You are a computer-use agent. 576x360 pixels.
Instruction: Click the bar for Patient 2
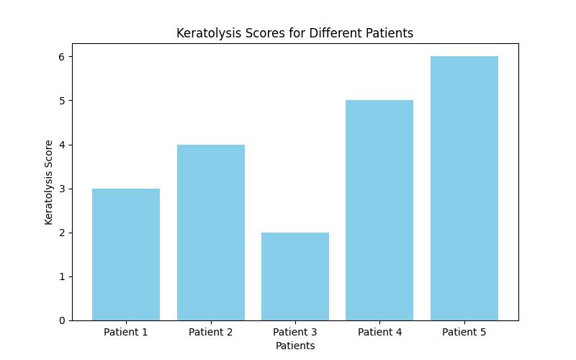pyautogui.click(x=210, y=232)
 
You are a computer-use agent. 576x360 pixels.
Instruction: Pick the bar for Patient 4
pyautogui.click(x=379, y=210)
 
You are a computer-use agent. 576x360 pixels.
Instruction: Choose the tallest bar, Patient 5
pyautogui.click(x=464, y=188)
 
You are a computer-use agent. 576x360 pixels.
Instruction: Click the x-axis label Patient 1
pyautogui.click(x=126, y=332)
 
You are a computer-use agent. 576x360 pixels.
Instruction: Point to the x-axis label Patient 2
pyautogui.click(x=210, y=332)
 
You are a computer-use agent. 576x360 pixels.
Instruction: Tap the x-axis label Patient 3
pyautogui.click(x=295, y=332)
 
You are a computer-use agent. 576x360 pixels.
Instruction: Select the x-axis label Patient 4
pyautogui.click(x=379, y=332)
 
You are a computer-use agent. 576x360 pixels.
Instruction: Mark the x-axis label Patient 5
pyautogui.click(x=464, y=332)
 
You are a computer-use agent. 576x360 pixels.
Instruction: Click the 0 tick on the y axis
pyautogui.click(x=63, y=320)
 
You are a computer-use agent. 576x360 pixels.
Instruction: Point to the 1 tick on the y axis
pyautogui.click(x=63, y=276)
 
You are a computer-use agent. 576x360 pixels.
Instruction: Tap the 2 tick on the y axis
pyautogui.click(x=63, y=233)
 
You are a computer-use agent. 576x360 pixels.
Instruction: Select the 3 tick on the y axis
pyautogui.click(x=63, y=189)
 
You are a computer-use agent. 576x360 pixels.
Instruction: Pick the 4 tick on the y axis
pyautogui.click(x=63, y=145)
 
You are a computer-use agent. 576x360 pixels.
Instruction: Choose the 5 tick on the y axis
pyautogui.click(x=63, y=101)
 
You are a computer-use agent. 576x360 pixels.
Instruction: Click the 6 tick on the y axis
pyautogui.click(x=63, y=57)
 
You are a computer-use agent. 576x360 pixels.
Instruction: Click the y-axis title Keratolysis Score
pyautogui.click(x=49, y=182)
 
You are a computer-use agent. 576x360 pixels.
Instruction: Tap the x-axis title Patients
pyautogui.click(x=295, y=346)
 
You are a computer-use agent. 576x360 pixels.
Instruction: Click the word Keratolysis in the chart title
pyautogui.click(x=205, y=33)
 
